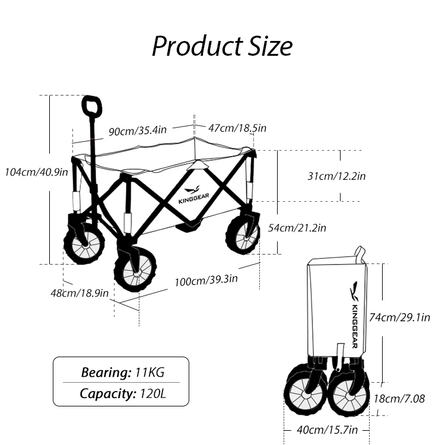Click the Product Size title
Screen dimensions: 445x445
tap(222, 46)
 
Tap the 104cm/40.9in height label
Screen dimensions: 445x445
tap(36, 172)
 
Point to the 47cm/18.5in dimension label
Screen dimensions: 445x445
tap(237, 128)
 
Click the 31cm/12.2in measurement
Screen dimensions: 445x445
tap(336, 176)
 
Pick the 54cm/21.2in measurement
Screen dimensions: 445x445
tap(297, 228)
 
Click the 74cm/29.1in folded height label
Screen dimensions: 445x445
tap(399, 317)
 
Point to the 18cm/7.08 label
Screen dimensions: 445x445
tap(399, 399)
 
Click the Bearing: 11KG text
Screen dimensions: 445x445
tap(122, 373)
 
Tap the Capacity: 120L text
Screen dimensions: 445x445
tap(122, 393)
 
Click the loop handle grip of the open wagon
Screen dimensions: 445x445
tap(92, 107)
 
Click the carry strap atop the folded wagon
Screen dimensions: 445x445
tap(360, 254)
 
